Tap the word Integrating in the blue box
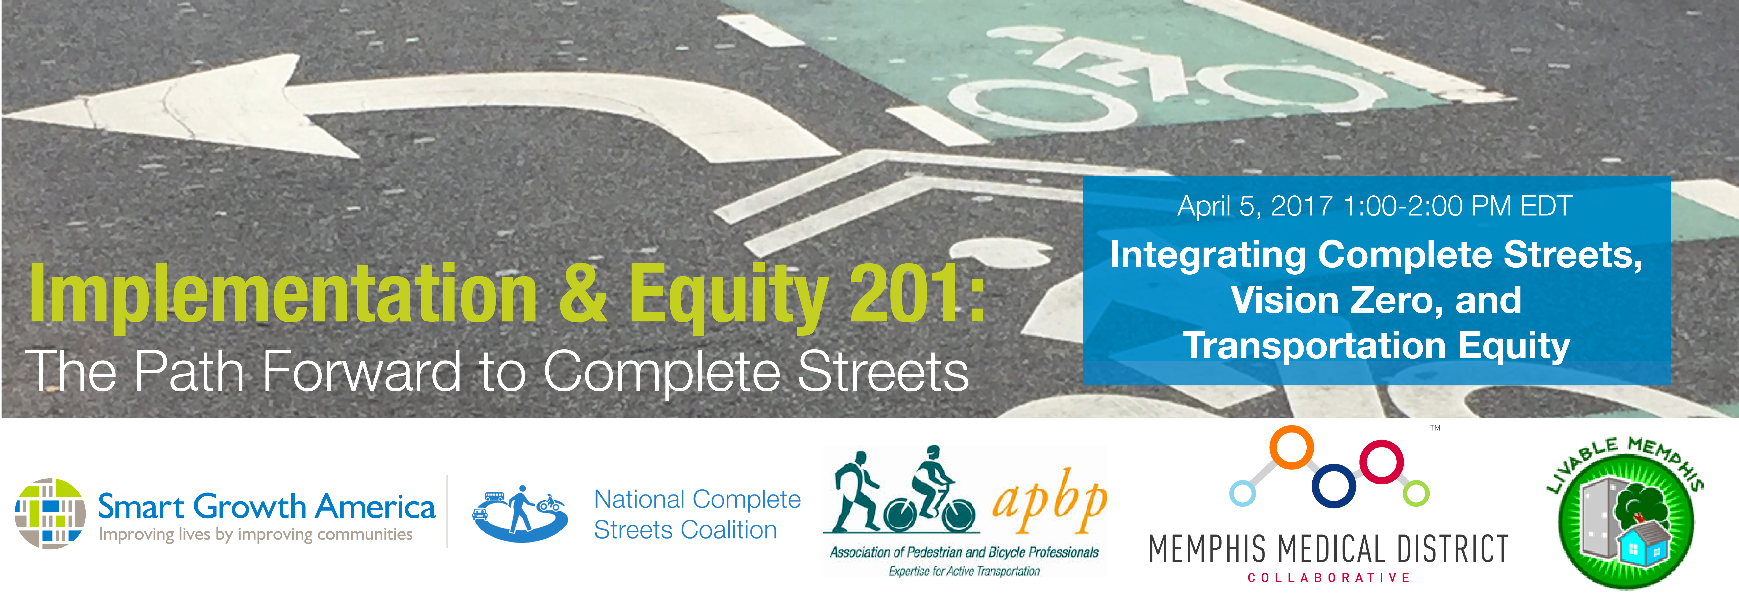[1208, 256]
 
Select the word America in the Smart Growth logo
[376, 507]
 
